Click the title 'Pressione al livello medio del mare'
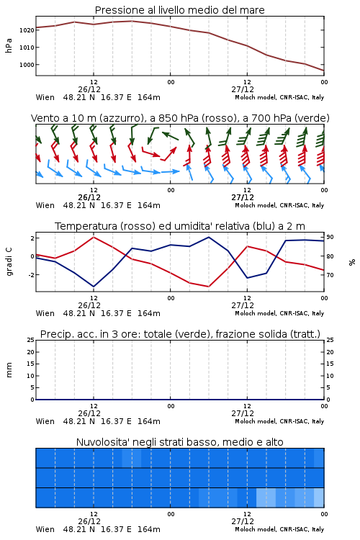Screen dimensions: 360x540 pyautogui.click(x=179, y=10)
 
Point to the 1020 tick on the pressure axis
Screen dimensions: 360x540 pyautogui.click(x=27, y=30)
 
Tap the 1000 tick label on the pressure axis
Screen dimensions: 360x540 pyautogui.click(x=27, y=65)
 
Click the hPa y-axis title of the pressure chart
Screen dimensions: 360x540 pyautogui.click(x=9, y=45)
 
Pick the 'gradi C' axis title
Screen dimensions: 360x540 pyautogui.click(x=9, y=262)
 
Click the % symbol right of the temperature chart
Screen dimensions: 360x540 pyautogui.click(x=352, y=262)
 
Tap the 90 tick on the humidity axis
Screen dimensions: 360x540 pyautogui.click(x=330, y=238)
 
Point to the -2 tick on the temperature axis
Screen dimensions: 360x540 pyautogui.click(x=31, y=275)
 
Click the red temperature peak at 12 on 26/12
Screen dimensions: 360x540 pyautogui.click(x=94, y=237)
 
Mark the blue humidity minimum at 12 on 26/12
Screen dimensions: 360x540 pyautogui.click(x=94, y=287)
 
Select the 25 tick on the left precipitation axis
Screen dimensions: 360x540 pyautogui.click(x=31, y=340)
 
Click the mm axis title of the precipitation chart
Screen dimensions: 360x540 pyautogui.click(x=9, y=370)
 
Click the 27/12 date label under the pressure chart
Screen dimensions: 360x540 pyautogui.click(x=243, y=89)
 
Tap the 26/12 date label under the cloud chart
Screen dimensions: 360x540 pyautogui.click(x=89, y=521)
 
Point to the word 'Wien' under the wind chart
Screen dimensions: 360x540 pyautogui.click(x=45, y=206)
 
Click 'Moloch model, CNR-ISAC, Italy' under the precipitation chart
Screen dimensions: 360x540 pyautogui.click(x=279, y=421)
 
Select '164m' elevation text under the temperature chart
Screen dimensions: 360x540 pyautogui.click(x=149, y=313)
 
